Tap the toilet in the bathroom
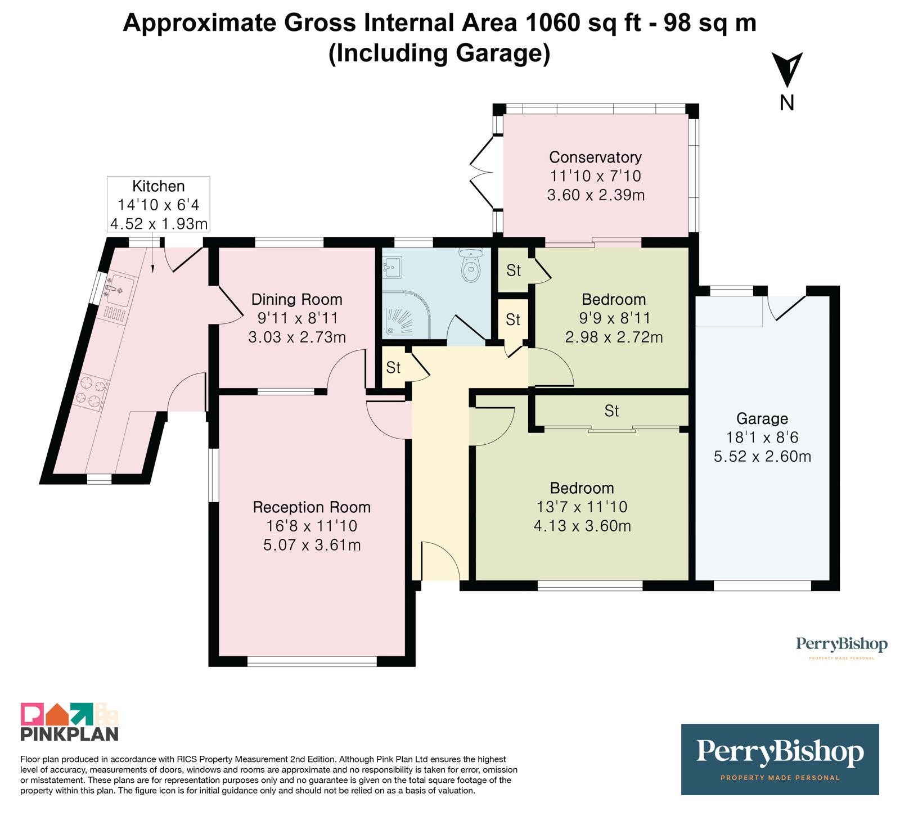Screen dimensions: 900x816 471,265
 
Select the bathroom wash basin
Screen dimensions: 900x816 393,268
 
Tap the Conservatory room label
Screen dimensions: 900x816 595,157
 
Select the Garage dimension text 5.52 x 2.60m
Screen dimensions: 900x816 762,456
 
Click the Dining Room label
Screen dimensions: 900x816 296,299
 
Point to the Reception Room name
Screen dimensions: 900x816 312,507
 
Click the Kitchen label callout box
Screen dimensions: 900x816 159,204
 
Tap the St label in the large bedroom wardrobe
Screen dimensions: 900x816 611,411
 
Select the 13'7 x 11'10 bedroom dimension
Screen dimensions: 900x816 582,507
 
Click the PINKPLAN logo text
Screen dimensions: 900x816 70,734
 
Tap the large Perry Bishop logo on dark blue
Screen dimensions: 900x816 780,759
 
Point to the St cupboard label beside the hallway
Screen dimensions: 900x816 393,368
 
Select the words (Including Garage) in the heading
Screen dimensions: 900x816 439,53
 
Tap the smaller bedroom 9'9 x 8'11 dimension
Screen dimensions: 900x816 614,318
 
